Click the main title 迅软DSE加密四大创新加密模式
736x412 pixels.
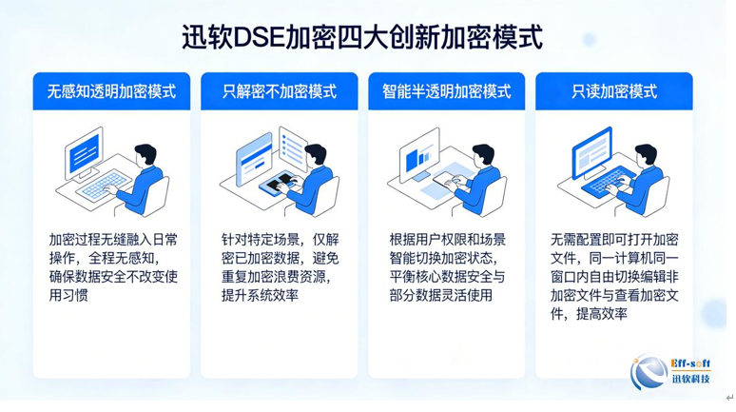tap(362, 37)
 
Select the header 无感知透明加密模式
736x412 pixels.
tap(111, 91)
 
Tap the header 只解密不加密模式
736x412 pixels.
tap(280, 91)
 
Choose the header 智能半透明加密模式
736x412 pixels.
tap(446, 91)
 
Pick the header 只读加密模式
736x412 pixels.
tap(614, 91)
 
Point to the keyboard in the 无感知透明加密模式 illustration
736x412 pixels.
tap(104, 185)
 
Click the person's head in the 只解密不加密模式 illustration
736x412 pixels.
tap(316, 154)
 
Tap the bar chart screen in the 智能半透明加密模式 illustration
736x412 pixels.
tap(418, 154)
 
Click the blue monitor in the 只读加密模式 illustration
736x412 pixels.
tap(591, 152)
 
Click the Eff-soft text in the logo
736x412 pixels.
tap(690, 364)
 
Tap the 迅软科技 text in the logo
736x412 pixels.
tap(691, 379)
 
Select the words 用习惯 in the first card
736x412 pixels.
tap(68, 295)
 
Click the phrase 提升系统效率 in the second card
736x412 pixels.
tap(260, 295)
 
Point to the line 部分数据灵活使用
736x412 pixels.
tap(441, 295)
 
